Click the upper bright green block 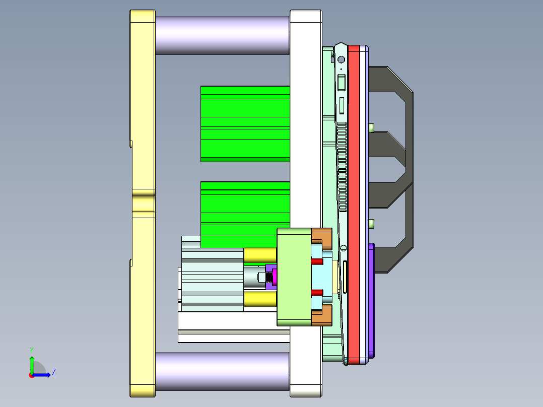245,123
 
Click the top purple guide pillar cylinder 222,35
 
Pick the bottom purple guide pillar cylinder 222,371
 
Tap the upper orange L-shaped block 322,237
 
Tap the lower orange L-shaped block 322,316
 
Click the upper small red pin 317,262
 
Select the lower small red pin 317,292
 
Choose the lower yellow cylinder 260,299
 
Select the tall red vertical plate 354,201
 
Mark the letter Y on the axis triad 31,350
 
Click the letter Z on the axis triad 53,372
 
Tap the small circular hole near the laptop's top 341,59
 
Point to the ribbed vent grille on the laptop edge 342,166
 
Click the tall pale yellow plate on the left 143,201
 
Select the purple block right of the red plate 371,300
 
